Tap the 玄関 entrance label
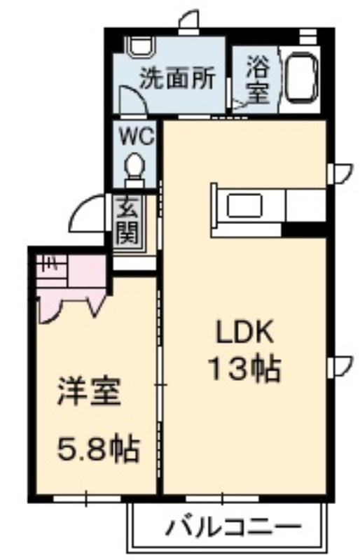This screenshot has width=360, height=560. pos(127,222)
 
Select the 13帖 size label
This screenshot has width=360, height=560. pos(244,369)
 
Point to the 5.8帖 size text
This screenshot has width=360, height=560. pos(98,448)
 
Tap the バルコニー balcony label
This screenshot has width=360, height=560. pos(234,527)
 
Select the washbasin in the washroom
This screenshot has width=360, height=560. pos(141,45)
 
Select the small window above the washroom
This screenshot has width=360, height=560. pos(189,31)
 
